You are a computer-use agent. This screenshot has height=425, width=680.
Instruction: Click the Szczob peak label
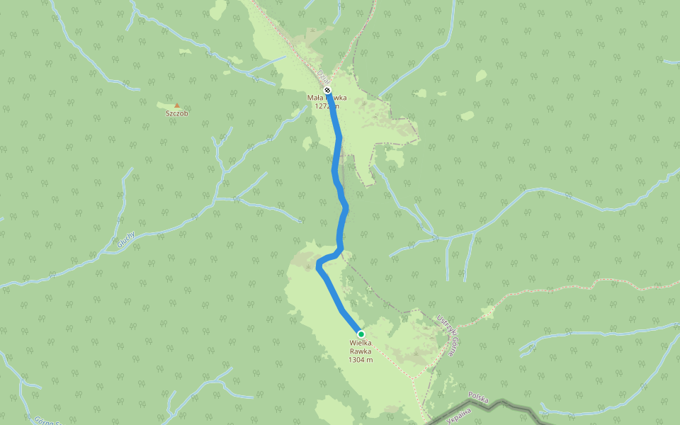177,113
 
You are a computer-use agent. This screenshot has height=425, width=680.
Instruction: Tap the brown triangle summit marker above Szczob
177,106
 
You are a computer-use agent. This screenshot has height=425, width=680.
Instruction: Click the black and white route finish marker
327,90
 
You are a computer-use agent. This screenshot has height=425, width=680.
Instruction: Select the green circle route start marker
361,334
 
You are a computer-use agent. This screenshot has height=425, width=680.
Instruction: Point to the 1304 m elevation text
361,359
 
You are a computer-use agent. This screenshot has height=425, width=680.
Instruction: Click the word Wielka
361,344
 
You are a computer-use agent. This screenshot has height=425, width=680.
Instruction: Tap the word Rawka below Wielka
361,351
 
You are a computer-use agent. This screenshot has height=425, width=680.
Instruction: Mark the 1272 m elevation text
327,106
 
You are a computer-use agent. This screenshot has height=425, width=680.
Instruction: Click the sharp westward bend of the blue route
318,266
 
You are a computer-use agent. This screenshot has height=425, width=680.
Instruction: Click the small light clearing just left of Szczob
161,106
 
